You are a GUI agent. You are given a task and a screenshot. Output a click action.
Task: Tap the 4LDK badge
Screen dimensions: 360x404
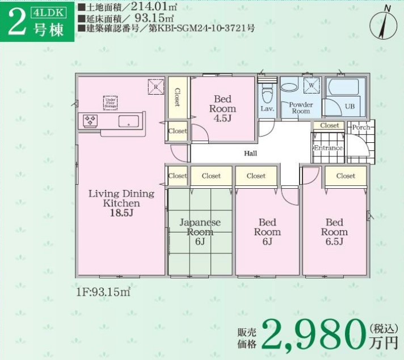53,11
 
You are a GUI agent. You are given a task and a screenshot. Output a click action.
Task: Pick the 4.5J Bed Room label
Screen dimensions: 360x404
222,108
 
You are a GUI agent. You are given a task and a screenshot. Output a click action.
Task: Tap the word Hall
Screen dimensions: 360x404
250,153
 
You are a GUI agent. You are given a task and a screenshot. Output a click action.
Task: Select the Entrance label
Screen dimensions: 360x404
329,148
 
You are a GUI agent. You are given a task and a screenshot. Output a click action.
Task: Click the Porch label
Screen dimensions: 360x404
361,127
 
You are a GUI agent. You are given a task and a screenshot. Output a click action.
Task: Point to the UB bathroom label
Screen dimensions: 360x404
350,106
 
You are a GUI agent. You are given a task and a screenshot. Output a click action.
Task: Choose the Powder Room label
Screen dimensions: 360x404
301,108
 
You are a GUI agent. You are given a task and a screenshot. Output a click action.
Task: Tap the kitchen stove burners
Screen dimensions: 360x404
90,120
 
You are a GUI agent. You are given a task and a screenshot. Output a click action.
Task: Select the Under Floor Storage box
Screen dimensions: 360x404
110,102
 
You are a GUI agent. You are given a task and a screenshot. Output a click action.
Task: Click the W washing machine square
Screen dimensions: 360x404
311,86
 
